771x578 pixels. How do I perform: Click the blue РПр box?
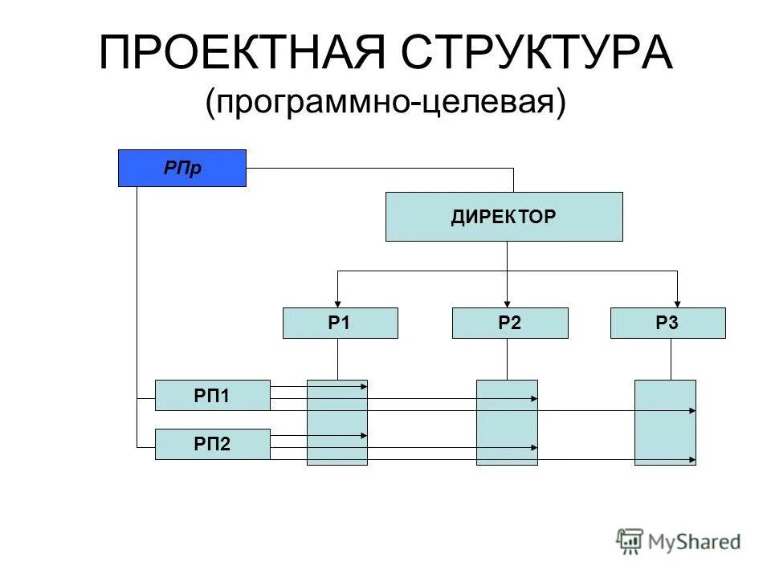(x=182, y=168)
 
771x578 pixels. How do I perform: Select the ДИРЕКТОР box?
(x=504, y=217)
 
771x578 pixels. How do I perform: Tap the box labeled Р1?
(x=340, y=323)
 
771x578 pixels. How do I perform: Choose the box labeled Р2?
(x=510, y=323)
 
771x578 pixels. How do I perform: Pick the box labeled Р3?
(x=667, y=323)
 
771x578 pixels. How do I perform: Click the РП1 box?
(x=212, y=395)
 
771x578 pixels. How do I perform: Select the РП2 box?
(x=212, y=444)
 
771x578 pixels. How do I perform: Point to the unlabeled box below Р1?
(x=337, y=422)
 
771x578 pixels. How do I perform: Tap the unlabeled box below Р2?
(x=507, y=422)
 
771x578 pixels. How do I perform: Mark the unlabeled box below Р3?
(x=665, y=422)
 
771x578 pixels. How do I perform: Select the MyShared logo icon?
(x=630, y=542)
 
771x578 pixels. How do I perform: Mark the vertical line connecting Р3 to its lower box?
(x=671, y=359)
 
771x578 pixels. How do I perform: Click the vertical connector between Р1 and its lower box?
(x=337, y=359)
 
